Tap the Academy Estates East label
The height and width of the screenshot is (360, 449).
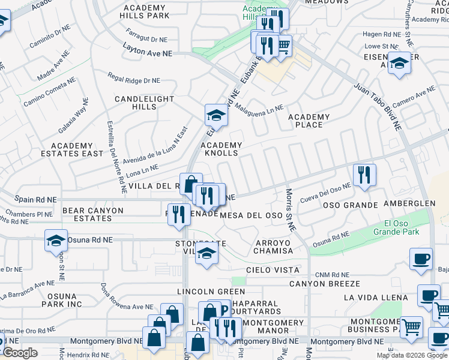(x=72, y=149)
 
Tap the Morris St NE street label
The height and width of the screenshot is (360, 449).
(x=291, y=211)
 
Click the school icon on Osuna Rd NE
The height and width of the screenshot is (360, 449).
(x=56, y=241)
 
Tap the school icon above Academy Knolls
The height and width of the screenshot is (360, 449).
(x=216, y=115)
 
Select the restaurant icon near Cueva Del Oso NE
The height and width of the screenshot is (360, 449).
(x=364, y=175)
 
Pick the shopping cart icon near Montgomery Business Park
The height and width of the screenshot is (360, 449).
(x=412, y=327)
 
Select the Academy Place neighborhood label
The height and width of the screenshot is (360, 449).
(x=309, y=121)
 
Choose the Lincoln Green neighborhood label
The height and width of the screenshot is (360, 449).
(x=203, y=291)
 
